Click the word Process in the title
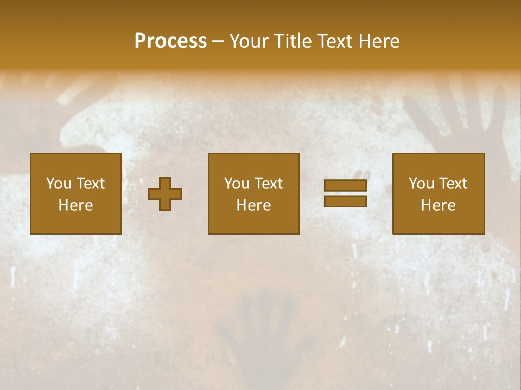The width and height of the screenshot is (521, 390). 170,41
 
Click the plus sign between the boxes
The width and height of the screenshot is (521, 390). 165,194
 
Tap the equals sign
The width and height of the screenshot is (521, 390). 345,193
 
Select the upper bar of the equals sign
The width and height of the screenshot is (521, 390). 345,186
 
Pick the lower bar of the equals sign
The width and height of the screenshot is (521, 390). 345,201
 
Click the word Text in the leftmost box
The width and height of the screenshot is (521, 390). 90,184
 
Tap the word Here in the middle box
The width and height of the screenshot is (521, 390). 253,205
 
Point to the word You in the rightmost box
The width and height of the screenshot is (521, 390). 422,184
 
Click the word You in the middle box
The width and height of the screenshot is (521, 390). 237,184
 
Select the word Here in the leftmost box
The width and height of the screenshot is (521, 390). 75,205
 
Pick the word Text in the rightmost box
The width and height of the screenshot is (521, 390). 453,184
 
